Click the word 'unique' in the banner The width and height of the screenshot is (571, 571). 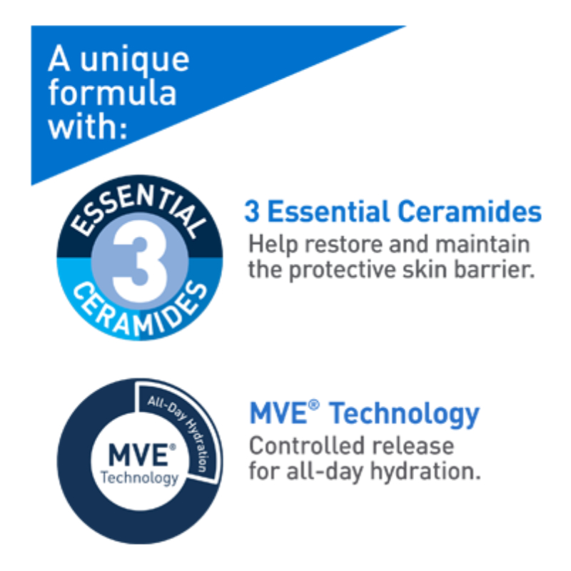[134, 61]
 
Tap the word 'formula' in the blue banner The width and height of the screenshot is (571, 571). [113, 92]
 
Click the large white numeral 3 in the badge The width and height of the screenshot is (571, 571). [140, 261]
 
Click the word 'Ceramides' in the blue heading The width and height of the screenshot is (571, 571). [470, 211]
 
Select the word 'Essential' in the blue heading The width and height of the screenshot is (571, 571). [328, 211]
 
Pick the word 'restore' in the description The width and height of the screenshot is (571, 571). [343, 244]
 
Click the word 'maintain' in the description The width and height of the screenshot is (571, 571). [482, 243]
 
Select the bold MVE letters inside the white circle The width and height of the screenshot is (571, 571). [138, 455]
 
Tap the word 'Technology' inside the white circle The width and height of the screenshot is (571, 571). [139, 478]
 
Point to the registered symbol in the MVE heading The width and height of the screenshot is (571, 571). [313, 405]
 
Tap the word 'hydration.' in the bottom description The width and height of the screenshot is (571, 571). [425, 472]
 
